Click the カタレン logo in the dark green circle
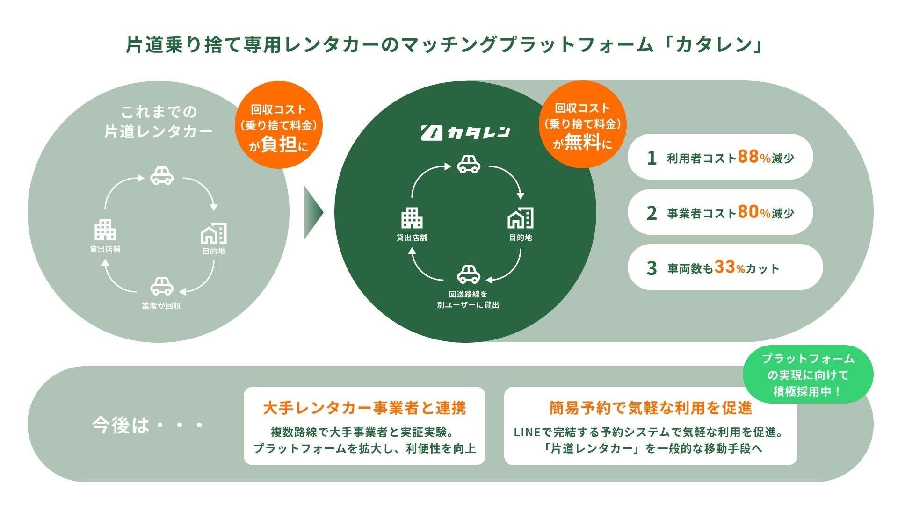[x=465, y=133]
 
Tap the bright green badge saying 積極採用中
[x=808, y=375]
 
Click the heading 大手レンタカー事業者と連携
[x=364, y=408]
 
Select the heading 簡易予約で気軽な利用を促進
[x=651, y=408]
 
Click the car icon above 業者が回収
[x=162, y=286]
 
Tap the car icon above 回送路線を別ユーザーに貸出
[x=468, y=274]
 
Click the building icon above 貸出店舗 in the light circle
[x=105, y=230]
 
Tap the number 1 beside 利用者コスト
[x=652, y=158]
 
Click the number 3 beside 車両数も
[x=652, y=268]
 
